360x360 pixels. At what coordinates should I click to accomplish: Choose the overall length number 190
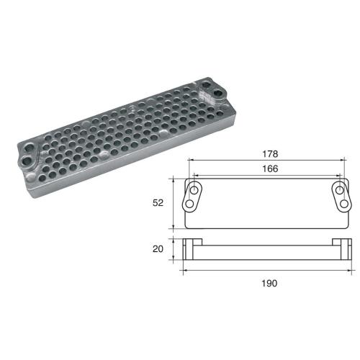click(267, 283)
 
